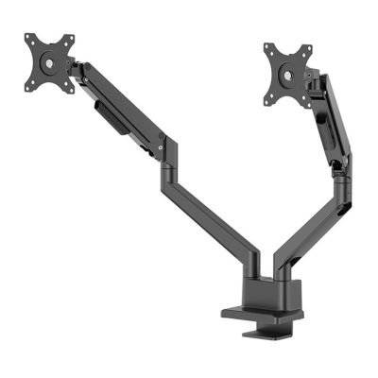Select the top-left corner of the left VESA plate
point(27,37)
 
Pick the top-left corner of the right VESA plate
point(266,44)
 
